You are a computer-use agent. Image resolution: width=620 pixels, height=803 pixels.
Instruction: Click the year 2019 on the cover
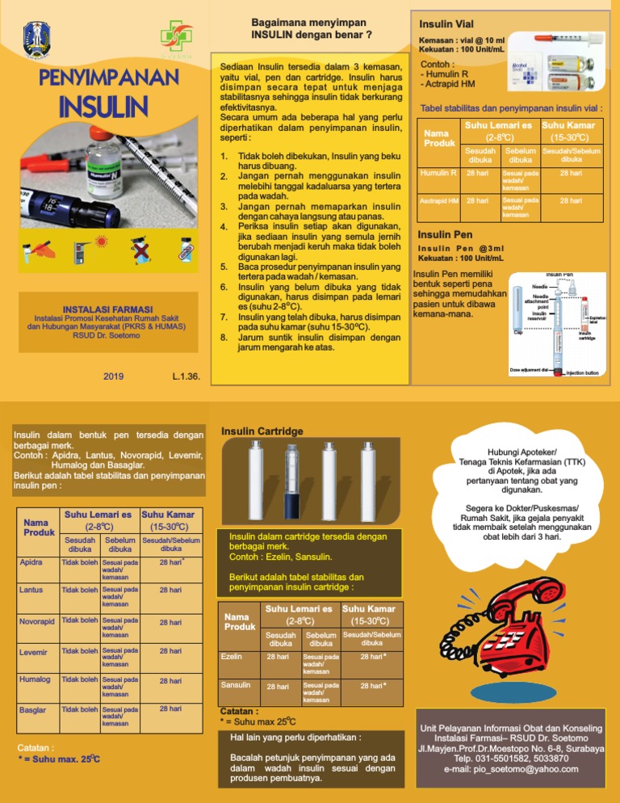[x=114, y=376]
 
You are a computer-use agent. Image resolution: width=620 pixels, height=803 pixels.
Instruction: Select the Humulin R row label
[x=441, y=173]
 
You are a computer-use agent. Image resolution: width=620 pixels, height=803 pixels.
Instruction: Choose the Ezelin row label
[x=232, y=657]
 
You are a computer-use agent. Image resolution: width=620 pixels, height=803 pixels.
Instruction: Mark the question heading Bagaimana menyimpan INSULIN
[x=311, y=28]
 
